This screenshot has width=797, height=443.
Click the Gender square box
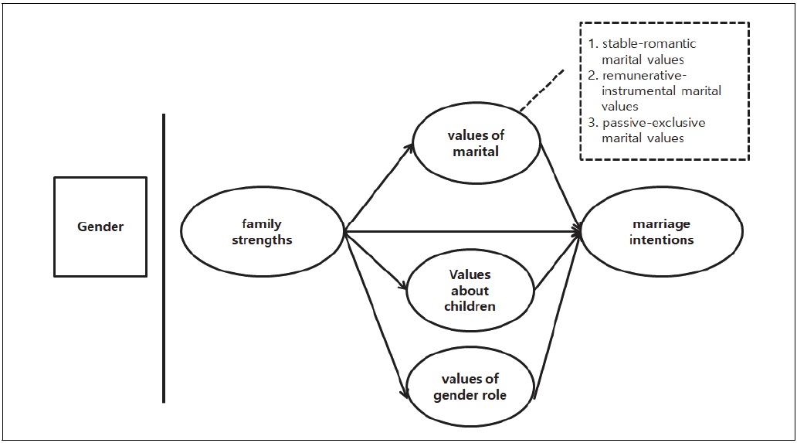pos(100,227)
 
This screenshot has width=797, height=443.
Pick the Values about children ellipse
pos(470,291)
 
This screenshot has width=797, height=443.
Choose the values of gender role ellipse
pos(470,386)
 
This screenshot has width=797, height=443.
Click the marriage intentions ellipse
pos(662,231)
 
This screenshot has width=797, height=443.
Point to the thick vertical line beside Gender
pos(164,258)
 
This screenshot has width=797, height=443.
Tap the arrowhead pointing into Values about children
pos(403,288)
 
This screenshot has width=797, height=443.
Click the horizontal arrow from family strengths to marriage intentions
pos(463,230)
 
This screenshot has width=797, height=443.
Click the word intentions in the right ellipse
pos(662,240)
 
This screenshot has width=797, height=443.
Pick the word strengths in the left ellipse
pos(263,240)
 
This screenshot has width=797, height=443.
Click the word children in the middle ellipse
pos(470,305)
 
